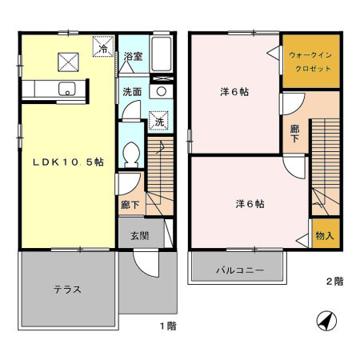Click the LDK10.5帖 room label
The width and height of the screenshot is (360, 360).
point(68,161)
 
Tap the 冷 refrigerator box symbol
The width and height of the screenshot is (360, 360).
point(104,49)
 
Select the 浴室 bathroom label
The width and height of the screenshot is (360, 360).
point(134,57)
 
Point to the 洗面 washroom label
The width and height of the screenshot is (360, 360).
point(132,92)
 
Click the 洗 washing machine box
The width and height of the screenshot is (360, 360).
point(159,122)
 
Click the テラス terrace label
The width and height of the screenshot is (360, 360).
point(67,289)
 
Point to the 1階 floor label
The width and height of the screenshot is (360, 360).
point(166,326)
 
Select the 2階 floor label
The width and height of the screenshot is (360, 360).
point(334,282)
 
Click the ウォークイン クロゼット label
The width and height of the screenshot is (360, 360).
point(307,62)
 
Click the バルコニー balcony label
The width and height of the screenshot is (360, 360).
point(238,270)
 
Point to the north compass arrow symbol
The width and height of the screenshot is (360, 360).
point(326,322)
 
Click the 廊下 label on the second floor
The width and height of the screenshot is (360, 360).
point(295,133)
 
